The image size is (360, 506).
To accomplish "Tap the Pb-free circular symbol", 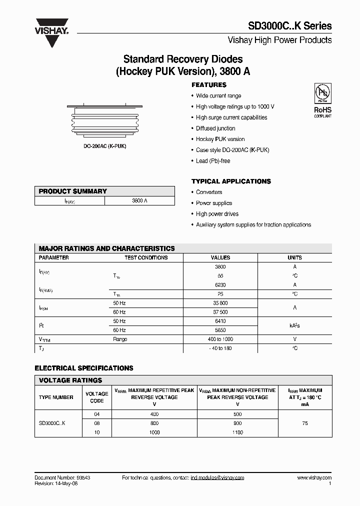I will pyautogui.click(x=321, y=93).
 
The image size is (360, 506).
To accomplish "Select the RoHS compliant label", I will pyautogui.click(x=322, y=111).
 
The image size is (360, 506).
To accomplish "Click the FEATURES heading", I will pyautogui.click(x=209, y=85).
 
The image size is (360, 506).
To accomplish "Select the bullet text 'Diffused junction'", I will pyautogui.click(x=215, y=128).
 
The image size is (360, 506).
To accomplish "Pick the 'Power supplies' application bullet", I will pyautogui.click(x=214, y=203).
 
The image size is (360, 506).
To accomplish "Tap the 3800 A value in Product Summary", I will pyautogui.click(x=139, y=200).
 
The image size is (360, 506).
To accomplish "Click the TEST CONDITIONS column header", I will pyautogui.click(x=146, y=257).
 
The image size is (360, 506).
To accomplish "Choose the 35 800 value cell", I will pyautogui.click(x=220, y=303).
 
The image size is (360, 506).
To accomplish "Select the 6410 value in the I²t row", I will pyautogui.click(x=220, y=321).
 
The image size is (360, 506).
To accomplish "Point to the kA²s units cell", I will pyautogui.click(x=294, y=325).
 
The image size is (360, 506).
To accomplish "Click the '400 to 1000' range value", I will pyautogui.click(x=220, y=339).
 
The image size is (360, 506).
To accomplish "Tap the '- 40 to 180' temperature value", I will pyautogui.click(x=220, y=348).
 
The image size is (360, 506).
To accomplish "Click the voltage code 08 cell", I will pyautogui.click(x=96, y=423).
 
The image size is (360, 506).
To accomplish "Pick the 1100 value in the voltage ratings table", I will pyautogui.click(x=237, y=432).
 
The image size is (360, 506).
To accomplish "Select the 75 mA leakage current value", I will pyautogui.click(x=304, y=423).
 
